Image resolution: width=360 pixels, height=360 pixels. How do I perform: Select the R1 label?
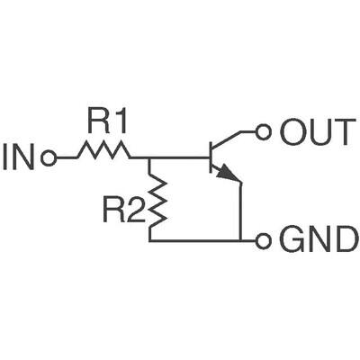[x=106, y=119]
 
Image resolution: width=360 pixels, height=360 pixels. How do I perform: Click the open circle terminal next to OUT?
[x=264, y=132]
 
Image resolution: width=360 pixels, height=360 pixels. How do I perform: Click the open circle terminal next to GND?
[x=264, y=241]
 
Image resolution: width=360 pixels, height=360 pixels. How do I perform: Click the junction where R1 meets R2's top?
[x=149, y=158]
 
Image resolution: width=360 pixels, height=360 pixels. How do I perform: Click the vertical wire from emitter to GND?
[x=242, y=211]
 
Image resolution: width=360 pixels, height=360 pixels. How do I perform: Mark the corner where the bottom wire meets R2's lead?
[x=149, y=241]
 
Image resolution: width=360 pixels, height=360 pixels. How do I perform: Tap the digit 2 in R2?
[x=135, y=212]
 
